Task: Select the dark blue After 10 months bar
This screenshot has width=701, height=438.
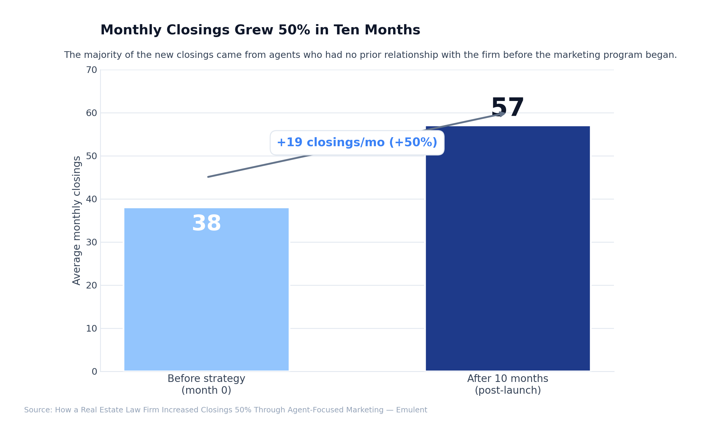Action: click(508, 256)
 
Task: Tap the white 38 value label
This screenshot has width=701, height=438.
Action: click(206, 223)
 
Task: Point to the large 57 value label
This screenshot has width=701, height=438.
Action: click(508, 108)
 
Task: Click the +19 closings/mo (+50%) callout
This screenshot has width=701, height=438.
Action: click(357, 143)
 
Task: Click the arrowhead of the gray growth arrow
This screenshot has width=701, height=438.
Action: click(502, 114)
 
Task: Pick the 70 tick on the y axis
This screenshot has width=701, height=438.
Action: click(92, 70)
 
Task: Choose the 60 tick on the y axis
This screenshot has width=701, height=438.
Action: click(92, 113)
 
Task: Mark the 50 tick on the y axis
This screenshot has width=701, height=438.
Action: click(92, 156)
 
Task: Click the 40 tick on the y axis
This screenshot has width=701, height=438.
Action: click(92, 199)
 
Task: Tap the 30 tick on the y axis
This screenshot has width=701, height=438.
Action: click(92, 242)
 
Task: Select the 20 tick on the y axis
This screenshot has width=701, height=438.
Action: click(92, 285)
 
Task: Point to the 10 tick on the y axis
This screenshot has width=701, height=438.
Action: click(92, 329)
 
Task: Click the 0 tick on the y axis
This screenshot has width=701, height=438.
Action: click(94, 372)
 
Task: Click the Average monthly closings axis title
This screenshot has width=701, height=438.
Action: click(77, 220)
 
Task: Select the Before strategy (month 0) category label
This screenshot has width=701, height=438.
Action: click(206, 384)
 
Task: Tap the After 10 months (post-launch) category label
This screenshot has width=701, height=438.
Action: click(508, 384)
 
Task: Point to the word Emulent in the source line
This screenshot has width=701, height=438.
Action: click(412, 410)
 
